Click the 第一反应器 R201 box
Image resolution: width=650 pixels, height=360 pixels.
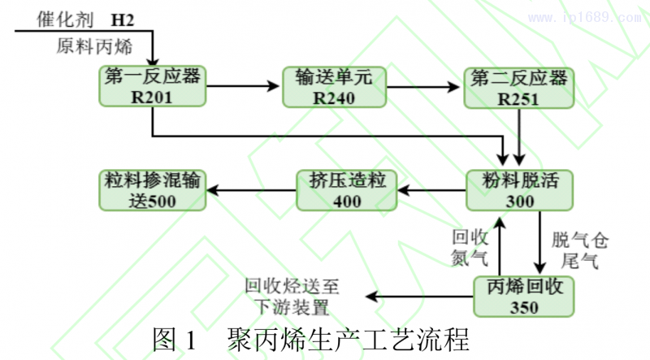click(152, 86)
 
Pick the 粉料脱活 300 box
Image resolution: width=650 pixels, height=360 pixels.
click(519, 189)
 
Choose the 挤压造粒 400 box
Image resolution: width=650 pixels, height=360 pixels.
click(345, 189)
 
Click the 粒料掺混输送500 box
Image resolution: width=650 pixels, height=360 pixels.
click(151, 189)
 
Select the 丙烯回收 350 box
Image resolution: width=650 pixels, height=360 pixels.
click(523, 296)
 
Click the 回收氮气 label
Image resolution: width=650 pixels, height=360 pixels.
click(470, 248)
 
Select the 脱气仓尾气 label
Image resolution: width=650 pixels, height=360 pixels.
click(579, 250)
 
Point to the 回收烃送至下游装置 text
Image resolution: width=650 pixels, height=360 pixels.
click(292, 297)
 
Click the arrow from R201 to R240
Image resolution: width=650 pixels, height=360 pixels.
click(243, 85)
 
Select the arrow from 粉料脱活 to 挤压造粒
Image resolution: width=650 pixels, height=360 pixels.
click(430, 189)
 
